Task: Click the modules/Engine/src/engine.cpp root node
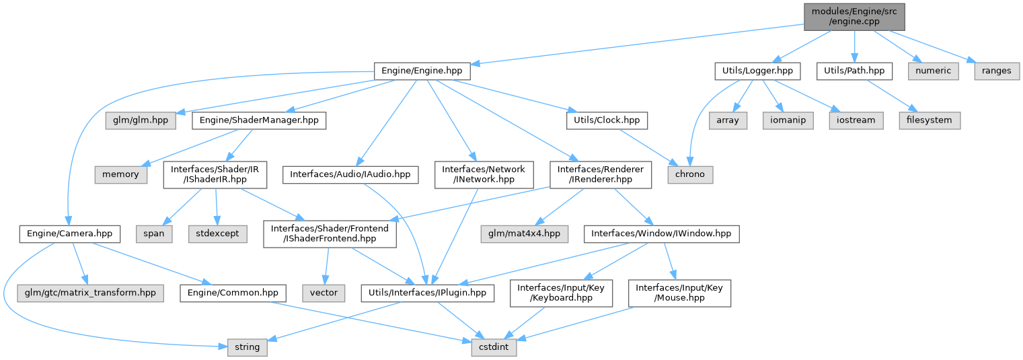[854, 16]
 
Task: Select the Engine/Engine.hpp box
[422, 70]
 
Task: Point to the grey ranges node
[996, 70]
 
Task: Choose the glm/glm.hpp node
[141, 120]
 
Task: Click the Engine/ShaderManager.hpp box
[259, 120]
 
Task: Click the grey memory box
[121, 174]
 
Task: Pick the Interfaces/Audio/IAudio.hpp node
[350, 174]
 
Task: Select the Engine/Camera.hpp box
[70, 234]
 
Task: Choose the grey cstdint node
[488, 348]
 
